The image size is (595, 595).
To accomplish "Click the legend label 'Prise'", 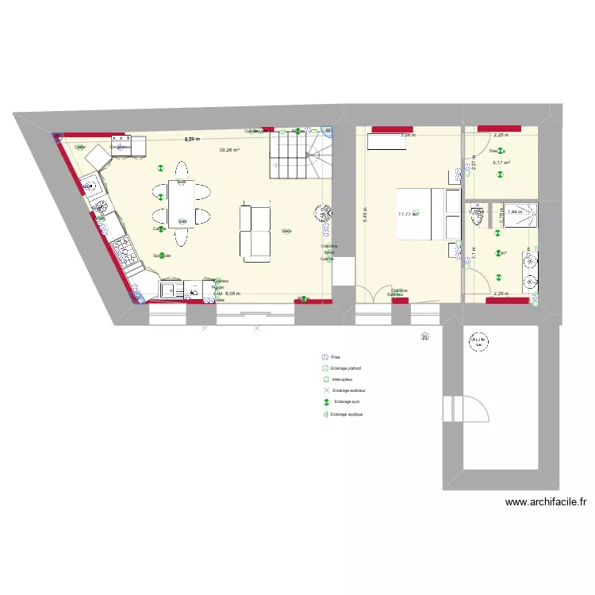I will (336, 358).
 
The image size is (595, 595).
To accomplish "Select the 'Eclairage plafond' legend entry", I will (346, 369).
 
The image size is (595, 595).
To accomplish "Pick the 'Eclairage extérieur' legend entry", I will (348, 391).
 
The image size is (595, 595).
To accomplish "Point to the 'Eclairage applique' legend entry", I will (348, 414).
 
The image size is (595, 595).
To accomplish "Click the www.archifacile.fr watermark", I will (545, 501).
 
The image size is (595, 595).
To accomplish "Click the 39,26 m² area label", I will (230, 149).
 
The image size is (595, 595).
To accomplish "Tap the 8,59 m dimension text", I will (191, 139).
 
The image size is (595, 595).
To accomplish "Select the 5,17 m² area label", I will (501, 163).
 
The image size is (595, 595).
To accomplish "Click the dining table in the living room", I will (182, 204).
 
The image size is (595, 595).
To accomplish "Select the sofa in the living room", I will (255, 232).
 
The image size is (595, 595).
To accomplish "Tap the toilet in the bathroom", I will (478, 216).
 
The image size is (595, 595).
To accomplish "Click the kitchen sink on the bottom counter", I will (171, 290).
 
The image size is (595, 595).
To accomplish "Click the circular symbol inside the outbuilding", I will (478, 340).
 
